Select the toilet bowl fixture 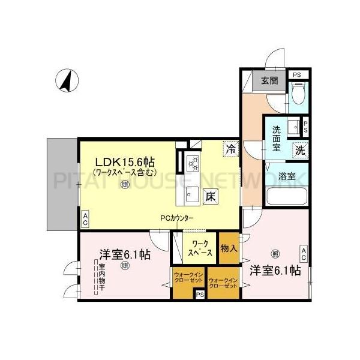pyautogui.click(x=296, y=94)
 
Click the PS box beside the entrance pyautogui.click(x=296, y=74)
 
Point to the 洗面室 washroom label pyautogui.click(x=277, y=137)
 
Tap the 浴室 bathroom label pyautogui.click(x=287, y=176)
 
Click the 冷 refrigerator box pyautogui.click(x=230, y=147)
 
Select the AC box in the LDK pyautogui.click(x=85, y=220)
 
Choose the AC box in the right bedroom pyautogui.click(x=304, y=253)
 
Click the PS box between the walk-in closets pyautogui.click(x=199, y=295)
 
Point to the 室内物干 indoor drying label pyautogui.click(x=101, y=278)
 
